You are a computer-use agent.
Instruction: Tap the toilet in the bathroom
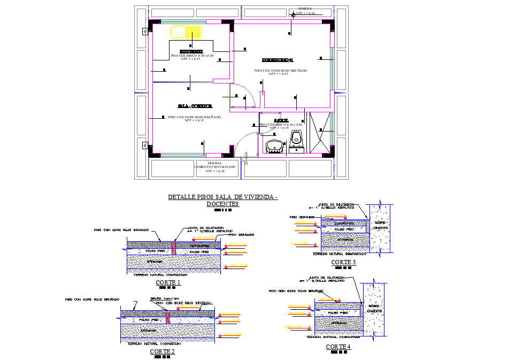[x=296, y=139]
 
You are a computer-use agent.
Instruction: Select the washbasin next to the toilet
[x=274, y=145]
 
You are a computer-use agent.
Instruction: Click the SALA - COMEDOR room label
[x=195, y=106]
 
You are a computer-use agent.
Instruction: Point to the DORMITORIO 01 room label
[x=278, y=59]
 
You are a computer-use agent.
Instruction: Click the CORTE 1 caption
[x=168, y=282]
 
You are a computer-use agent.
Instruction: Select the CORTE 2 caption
[x=163, y=351]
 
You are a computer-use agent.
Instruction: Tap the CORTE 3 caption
[x=343, y=262]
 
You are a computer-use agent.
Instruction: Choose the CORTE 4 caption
[x=338, y=347]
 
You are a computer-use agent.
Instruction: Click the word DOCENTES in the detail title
[x=223, y=204]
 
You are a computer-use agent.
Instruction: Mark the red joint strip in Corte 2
[x=168, y=318]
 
